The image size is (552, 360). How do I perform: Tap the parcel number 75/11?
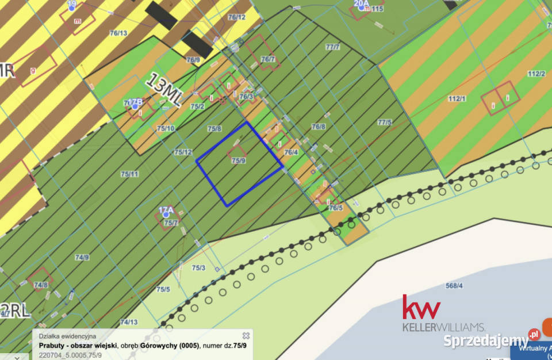point(129,174)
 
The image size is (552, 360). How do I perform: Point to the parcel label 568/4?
point(454,286)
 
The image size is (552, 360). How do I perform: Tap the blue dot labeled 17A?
point(166,215)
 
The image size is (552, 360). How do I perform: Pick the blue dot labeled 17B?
point(135,106)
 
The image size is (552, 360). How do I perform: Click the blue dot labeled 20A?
point(361,8)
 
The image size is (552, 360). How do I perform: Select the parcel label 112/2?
point(536,74)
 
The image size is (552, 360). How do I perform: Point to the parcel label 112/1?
point(456,99)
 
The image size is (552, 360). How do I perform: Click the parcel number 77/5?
point(385,122)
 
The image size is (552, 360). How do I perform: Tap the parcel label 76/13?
point(118,33)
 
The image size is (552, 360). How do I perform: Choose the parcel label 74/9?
point(82,257)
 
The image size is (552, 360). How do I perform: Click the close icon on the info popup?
point(246,335)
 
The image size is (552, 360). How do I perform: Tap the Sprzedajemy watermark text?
point(486,340)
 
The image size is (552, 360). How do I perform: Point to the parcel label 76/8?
point(319,127)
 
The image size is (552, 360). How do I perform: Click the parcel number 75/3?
point(198,267)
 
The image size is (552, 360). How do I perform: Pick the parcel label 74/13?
point(129,322)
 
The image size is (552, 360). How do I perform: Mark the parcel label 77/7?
point(332,47)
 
